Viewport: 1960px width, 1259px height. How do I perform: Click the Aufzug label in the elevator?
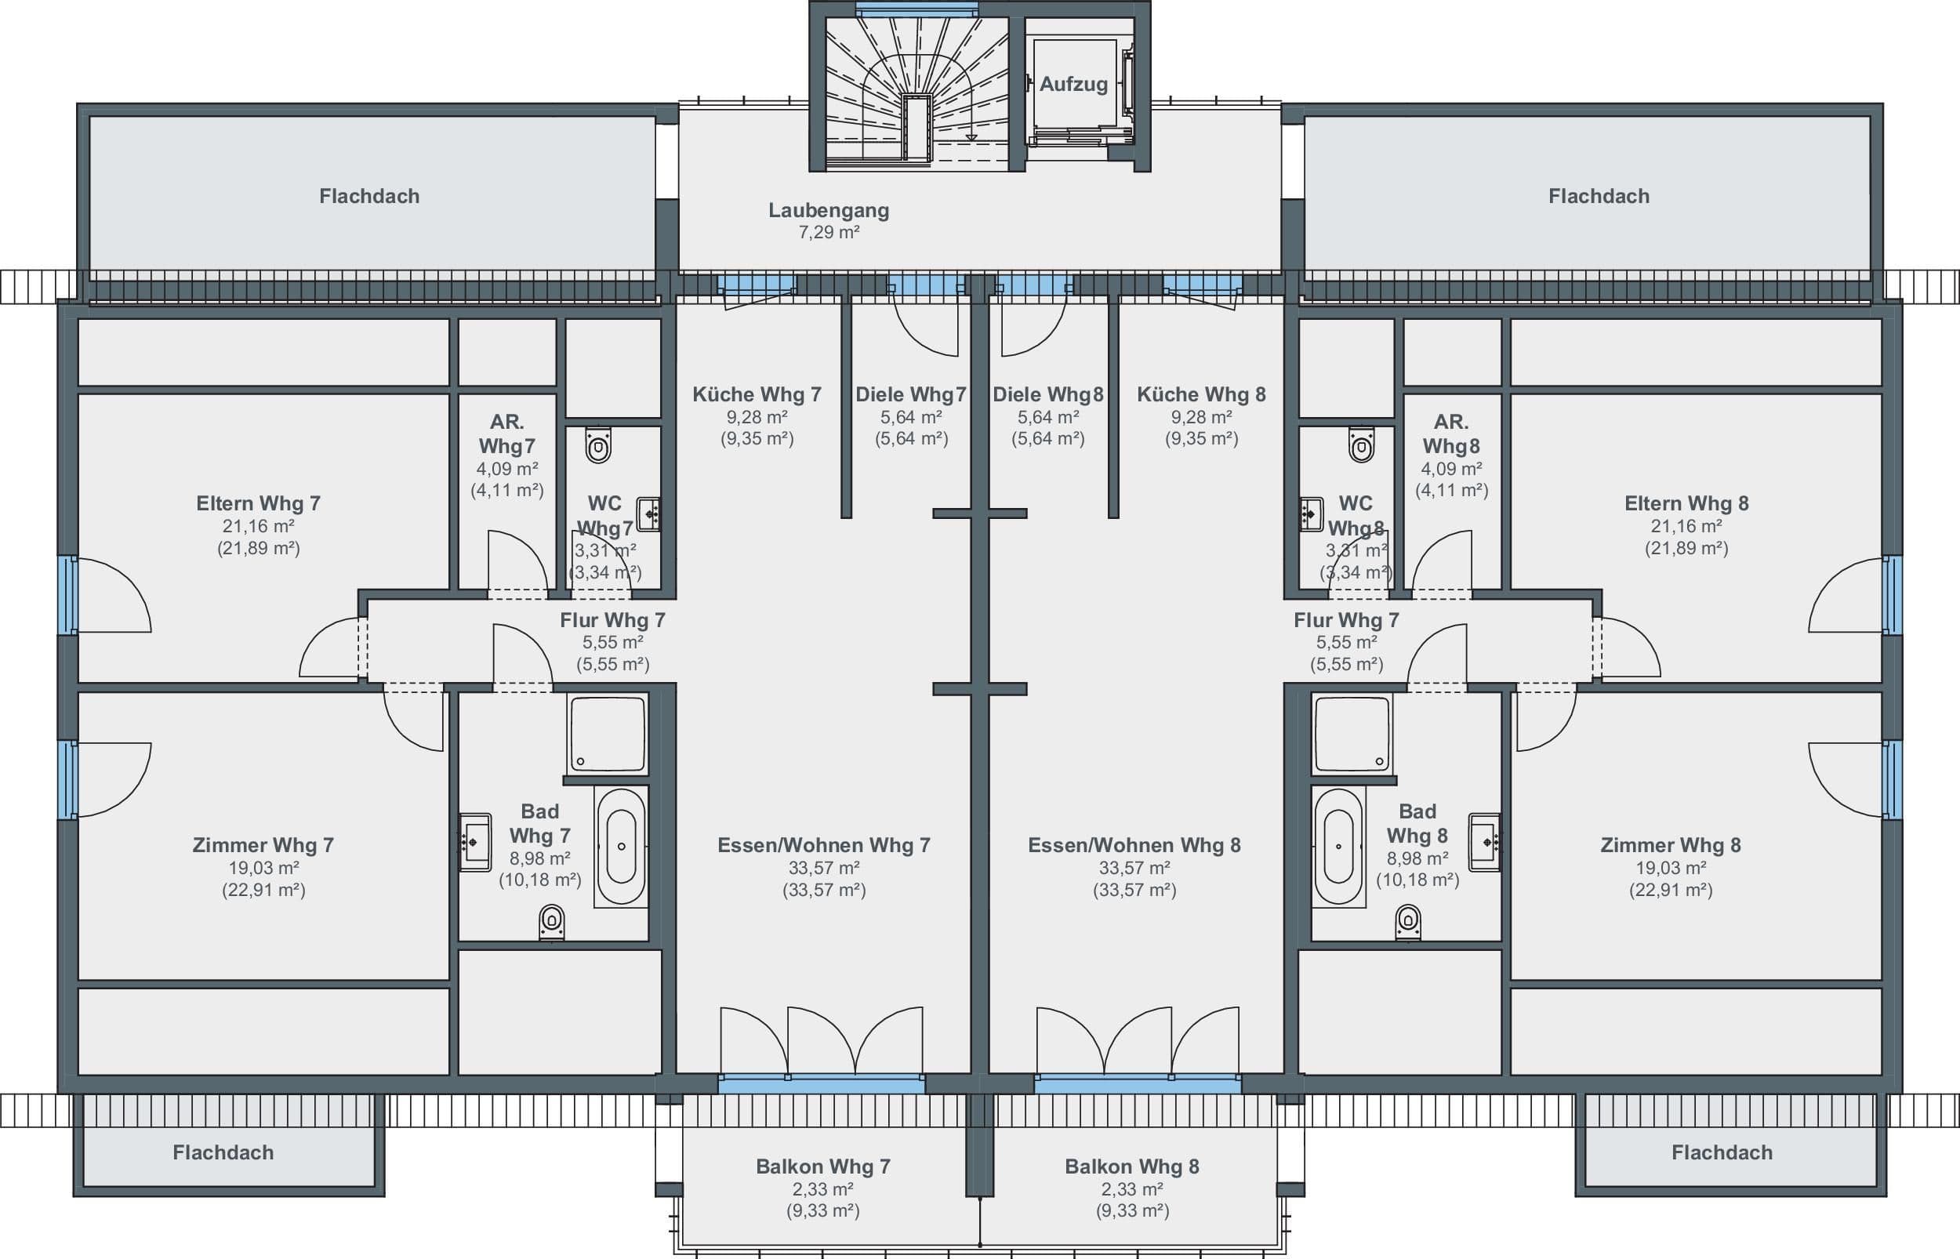click(1073, 84)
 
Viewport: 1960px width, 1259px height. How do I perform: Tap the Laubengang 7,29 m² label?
click(829, 221)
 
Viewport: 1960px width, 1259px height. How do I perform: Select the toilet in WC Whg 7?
click(598, 445)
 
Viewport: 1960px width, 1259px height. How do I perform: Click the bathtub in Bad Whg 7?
click(620, 846)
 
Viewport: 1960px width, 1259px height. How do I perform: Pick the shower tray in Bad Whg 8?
click(1352, 734)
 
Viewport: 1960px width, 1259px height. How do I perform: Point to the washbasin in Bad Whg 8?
click(1484, 842)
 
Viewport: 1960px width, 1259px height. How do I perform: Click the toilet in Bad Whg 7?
click(552, 922)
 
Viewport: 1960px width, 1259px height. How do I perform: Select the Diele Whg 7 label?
click(910, 394)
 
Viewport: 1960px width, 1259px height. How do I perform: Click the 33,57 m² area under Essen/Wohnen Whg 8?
click(1134, 867)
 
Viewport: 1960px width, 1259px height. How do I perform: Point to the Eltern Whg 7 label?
click(258, 503)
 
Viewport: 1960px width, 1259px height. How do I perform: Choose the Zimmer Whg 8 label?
click(1671, 845)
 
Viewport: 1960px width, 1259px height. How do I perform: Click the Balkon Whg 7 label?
click(823, 1166)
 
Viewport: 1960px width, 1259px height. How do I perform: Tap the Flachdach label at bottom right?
click(1722, 1152)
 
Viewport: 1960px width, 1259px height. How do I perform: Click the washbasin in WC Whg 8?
click(1311, 514)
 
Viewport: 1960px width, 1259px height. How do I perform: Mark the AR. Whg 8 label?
click(1451, 434)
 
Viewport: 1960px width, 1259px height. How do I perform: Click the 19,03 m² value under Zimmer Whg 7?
click(263, 867)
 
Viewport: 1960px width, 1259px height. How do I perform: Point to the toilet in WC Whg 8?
click(1361, 445)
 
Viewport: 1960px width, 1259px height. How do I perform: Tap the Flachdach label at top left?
click(369, 196)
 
